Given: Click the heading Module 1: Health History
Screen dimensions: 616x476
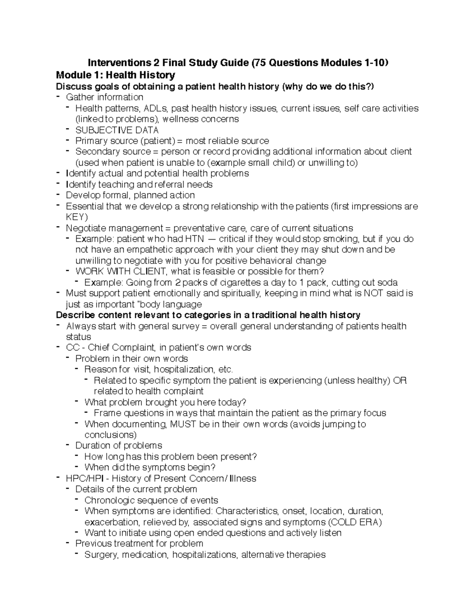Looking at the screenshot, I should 115,75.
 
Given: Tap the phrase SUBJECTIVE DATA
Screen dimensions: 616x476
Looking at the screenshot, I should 117,130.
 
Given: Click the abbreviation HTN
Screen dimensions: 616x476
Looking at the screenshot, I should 194,239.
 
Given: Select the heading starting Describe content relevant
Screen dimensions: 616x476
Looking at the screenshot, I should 208,315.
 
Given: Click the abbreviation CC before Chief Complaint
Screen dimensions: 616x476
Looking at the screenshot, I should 72,347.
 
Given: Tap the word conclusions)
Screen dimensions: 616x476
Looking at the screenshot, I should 111,435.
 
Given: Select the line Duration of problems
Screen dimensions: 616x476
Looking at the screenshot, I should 119,445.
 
